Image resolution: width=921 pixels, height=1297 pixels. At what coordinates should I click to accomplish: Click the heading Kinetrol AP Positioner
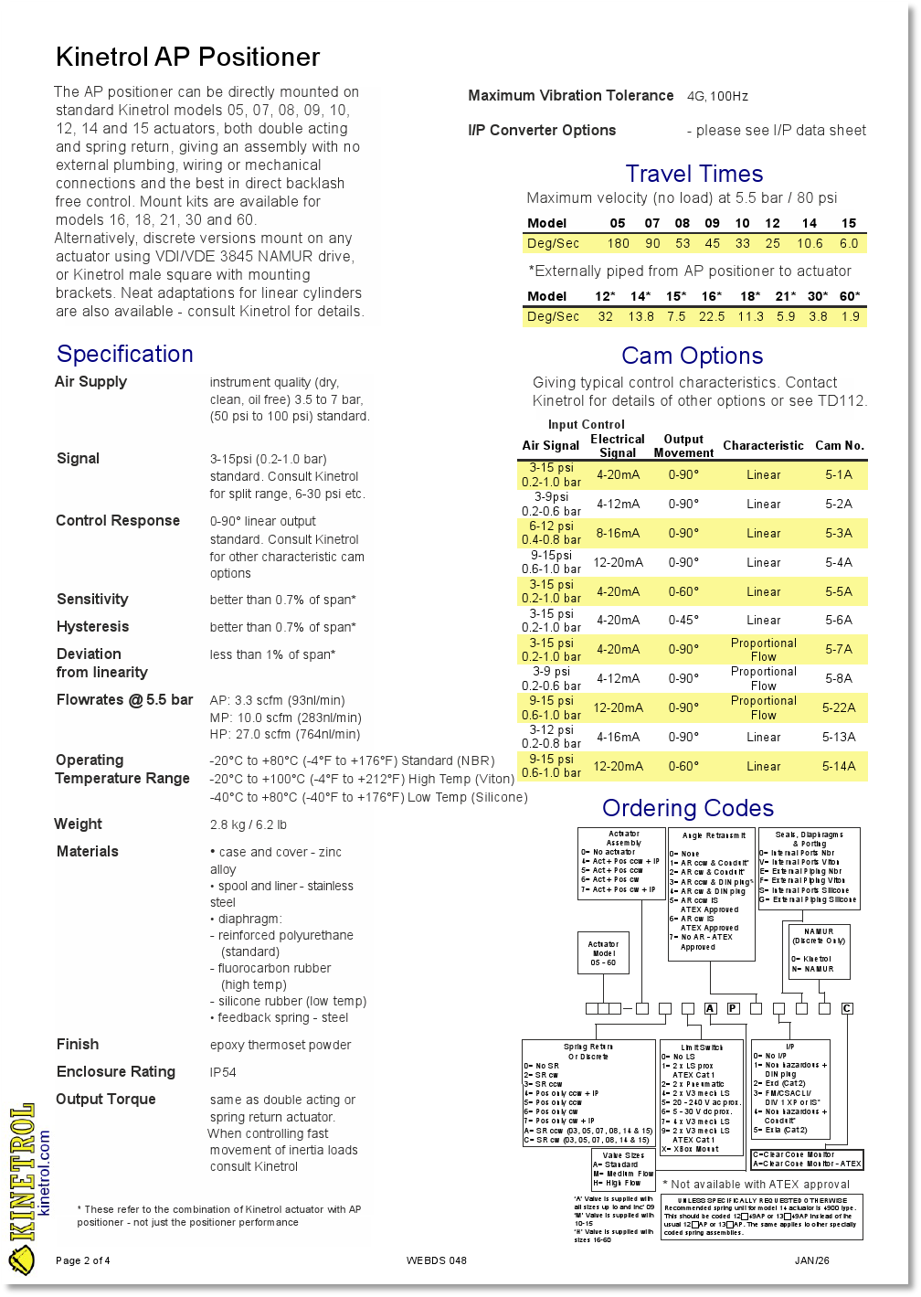(187, 57)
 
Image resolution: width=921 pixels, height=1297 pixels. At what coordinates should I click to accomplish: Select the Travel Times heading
(693, 174)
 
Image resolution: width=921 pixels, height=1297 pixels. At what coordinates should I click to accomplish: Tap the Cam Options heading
(692, 356)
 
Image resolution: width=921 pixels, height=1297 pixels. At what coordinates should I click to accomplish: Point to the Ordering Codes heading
(687, 808)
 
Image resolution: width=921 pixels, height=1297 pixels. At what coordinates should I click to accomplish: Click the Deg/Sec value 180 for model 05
(618, 243)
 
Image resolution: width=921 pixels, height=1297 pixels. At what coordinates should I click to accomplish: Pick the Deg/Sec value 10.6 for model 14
(809, 243)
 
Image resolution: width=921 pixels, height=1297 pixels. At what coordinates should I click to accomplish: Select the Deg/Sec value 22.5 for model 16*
(711, 316)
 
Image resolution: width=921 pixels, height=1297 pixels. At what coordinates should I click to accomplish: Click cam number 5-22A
(838, 707)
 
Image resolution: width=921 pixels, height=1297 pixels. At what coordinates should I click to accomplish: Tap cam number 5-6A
(838, 620)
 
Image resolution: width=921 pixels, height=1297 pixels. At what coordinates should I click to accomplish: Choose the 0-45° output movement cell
(683, 620)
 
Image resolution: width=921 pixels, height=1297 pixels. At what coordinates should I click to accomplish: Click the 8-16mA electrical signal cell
(618, 533)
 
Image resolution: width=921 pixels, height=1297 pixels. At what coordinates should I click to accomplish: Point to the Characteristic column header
(763, 445)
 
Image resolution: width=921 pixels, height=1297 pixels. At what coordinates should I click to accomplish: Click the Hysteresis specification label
(92, 626)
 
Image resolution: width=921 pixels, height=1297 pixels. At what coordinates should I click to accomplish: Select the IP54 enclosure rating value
(223, 1072)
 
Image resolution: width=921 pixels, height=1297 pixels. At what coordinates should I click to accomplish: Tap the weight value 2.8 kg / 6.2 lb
(249, 824)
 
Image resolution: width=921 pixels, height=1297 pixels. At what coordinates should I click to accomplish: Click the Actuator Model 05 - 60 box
(603, 953)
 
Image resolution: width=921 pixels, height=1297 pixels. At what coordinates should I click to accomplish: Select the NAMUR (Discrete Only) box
(819, 951)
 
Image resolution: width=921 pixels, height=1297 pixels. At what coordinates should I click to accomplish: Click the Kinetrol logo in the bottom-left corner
(22, 1188)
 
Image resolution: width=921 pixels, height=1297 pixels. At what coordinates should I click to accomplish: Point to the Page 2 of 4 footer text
(83, 1260)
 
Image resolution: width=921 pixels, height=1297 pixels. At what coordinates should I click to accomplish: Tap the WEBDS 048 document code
(436, 1260)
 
